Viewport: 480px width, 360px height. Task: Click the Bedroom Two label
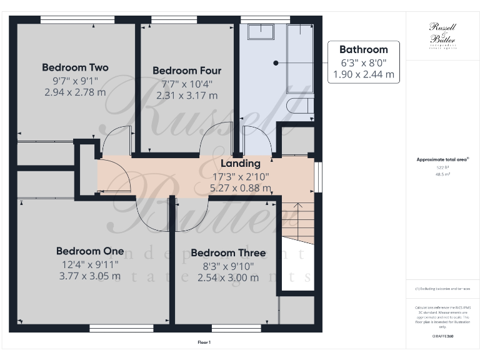(x=75, y=67)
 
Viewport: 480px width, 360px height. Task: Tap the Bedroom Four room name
(x=187, y=71)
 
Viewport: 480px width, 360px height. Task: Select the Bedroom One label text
(x=90, y=251)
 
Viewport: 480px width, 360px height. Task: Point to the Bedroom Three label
(x=228, y=253)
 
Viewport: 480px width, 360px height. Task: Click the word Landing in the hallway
(x=241, y=163)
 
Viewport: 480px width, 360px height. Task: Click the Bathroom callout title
(x=363, y=49)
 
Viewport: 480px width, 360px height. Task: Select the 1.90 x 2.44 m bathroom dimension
(x=363, y=74)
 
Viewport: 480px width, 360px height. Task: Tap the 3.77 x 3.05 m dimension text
(x=90, y=276)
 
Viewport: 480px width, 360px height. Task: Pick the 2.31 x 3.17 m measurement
(x=187, y=96)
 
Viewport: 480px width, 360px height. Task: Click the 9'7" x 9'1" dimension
(x=75, y=80)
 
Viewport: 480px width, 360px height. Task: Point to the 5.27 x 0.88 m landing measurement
(x=241, y=187)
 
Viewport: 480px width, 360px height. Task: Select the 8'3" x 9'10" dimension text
(x=228, y=266)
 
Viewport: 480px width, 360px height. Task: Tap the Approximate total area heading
(x=442, y=159)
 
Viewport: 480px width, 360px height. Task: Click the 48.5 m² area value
(x=442, y=174)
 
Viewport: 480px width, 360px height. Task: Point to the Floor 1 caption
(x=204, y=342)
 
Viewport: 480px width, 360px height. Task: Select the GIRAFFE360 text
(x=442, y=337)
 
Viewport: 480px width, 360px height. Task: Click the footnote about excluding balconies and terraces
(x=442, y=289)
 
